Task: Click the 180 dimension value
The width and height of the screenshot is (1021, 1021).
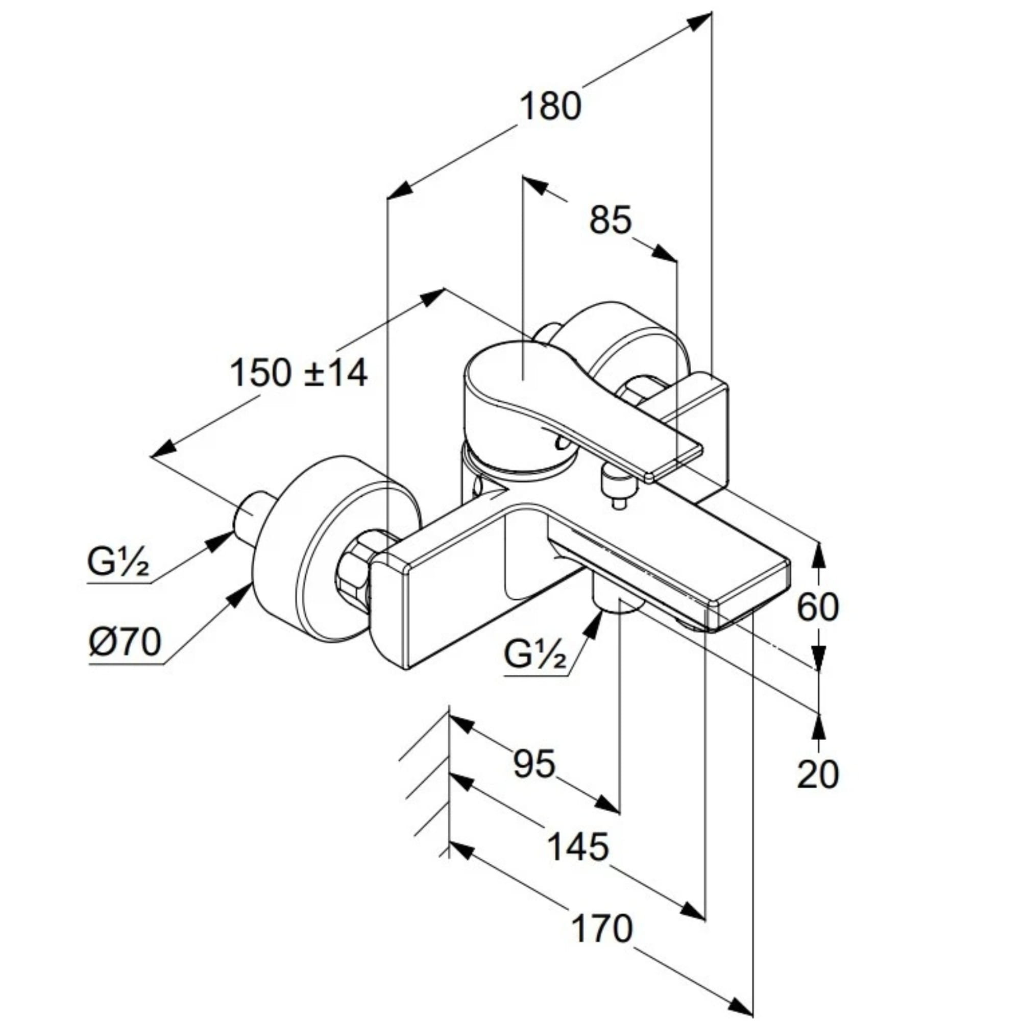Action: click(x=551, y=106)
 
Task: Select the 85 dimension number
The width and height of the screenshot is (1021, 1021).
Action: click(x=611, y=220)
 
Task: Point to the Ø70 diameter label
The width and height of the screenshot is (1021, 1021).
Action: click(x=125, y=643)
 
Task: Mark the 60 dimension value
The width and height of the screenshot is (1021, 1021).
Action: click(x=817, y=607)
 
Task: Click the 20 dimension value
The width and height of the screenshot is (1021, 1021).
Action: click(x=817, y=775)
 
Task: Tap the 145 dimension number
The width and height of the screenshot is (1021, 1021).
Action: click(x=577, y=846)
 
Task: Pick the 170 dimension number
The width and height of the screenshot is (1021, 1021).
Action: click(x=602, y=929)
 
